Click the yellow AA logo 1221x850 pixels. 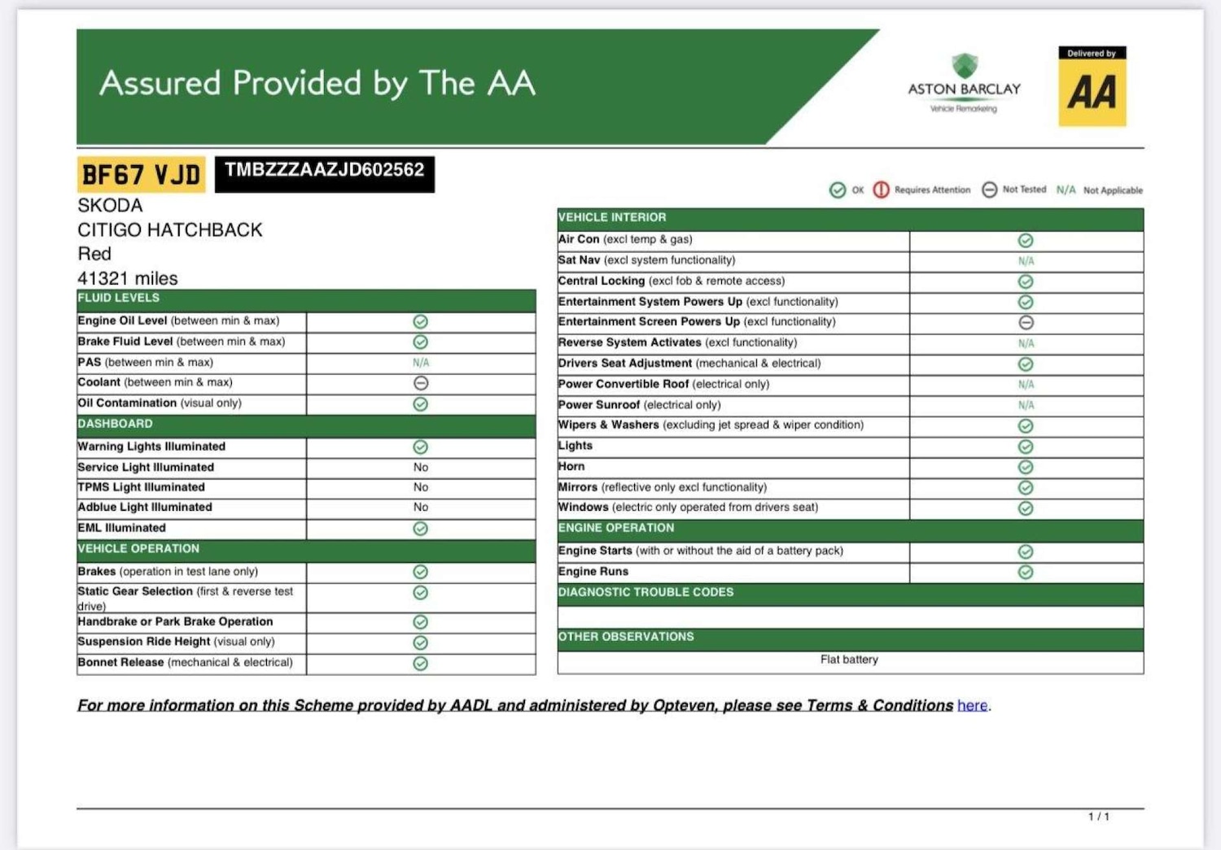click(1092, 87)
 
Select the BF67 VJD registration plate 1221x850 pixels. click(142, 175)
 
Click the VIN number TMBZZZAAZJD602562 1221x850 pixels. click(325, 171)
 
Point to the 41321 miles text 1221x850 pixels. click(128, 278)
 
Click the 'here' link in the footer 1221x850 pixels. click(972, 705)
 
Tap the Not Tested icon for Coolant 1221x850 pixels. click(421, 383)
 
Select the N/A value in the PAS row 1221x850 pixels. click(421, 363)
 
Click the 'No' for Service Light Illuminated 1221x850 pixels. click(421, 467)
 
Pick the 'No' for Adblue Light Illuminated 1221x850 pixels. click(421, 507)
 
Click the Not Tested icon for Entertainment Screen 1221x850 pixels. click(1026, 323)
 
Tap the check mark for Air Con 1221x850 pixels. click(1026, 241)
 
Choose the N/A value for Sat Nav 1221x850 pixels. click(1026, 261)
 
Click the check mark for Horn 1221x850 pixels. click(1026, 467)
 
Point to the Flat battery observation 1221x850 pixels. click(849, 660)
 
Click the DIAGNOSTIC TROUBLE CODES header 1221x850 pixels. click(646, 593)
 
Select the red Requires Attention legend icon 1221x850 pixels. click(881, 190)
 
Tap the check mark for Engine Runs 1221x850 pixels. click(1026, 572)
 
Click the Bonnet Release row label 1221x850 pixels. click(186, 662)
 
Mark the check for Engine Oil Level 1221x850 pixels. click(421, 322)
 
